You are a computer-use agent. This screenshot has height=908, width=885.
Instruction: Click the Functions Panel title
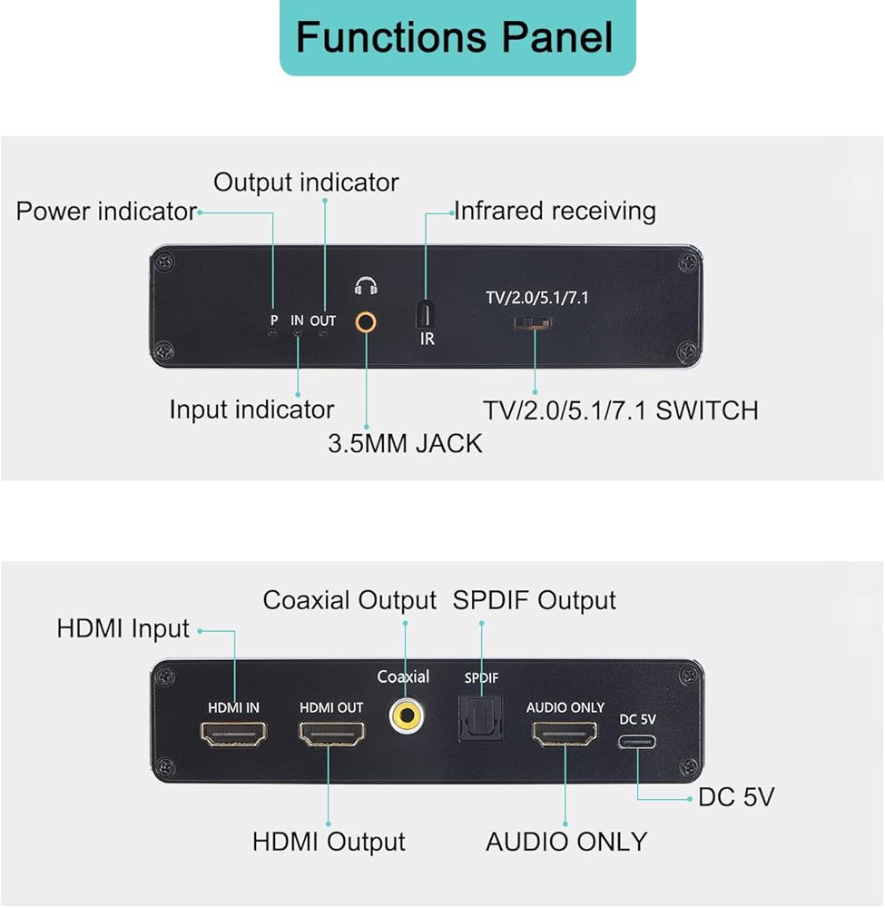point(457,37)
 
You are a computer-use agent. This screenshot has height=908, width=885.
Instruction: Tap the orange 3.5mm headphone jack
point(366,321)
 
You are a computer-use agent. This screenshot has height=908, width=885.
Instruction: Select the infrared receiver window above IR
point(426,314)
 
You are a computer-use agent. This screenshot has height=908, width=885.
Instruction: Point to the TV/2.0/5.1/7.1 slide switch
point(534,323)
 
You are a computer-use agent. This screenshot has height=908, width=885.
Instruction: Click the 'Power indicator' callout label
point(106,212)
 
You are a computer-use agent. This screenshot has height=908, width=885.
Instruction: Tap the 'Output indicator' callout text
point(306,183)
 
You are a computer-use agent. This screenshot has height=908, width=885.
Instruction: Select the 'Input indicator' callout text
point(251,410)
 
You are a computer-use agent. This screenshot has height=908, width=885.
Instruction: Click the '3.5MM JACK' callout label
point(405,444)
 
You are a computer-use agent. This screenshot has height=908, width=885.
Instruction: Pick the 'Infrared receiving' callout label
point(555,212)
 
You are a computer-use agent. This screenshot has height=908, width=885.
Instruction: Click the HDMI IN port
point(234,733)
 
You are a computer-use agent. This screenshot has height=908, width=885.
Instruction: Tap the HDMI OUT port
point(331,734)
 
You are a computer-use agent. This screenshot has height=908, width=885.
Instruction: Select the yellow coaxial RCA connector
point(405,716)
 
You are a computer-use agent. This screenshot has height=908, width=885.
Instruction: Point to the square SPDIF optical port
point(480,719)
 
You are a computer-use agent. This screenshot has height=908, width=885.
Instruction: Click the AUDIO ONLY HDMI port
point(565,734)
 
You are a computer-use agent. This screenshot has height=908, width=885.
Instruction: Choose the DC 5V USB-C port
point(637,740)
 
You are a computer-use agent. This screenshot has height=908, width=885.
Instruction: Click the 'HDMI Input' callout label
point(123,628)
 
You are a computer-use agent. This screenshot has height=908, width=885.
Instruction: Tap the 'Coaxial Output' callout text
point(349,600)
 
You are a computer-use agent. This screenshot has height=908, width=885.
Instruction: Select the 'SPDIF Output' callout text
point(534,600)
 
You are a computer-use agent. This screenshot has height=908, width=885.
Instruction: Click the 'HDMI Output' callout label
point(329,842)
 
